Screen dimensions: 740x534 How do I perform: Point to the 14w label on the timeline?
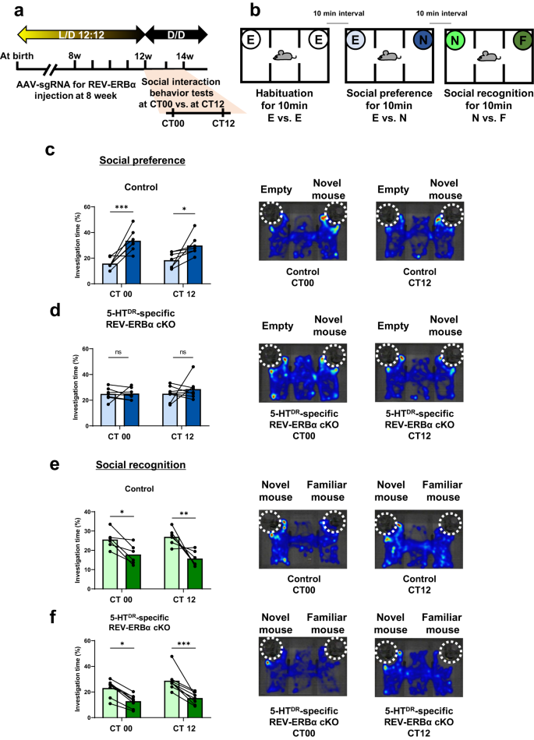pyautogui.click(x=186, y=56)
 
